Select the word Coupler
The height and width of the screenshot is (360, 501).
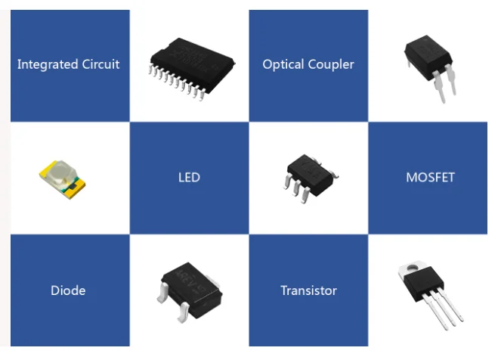[x=330, y=64]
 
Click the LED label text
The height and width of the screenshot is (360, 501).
[x=189, y=178]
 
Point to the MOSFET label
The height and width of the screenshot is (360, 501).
[x=430, y=178]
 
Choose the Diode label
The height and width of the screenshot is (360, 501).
[x=68, y=290]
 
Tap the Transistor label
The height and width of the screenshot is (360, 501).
[x=308, y=290]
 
